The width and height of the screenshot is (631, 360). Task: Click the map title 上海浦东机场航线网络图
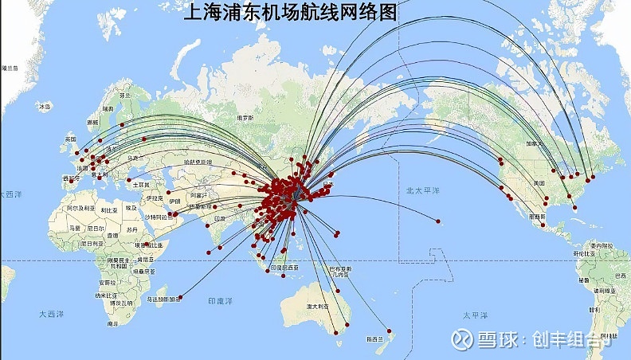tap(291, 13)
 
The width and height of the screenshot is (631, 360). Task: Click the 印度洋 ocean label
tap(221, 301)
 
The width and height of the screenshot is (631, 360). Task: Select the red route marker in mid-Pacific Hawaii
tap(437, 221)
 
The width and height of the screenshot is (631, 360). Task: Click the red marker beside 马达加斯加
tap(181, 298)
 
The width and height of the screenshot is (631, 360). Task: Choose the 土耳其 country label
tap(141, 184)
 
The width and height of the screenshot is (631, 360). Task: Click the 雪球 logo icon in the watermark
tap(462, 339)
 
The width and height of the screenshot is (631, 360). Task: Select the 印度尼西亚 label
tap(285, 268)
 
